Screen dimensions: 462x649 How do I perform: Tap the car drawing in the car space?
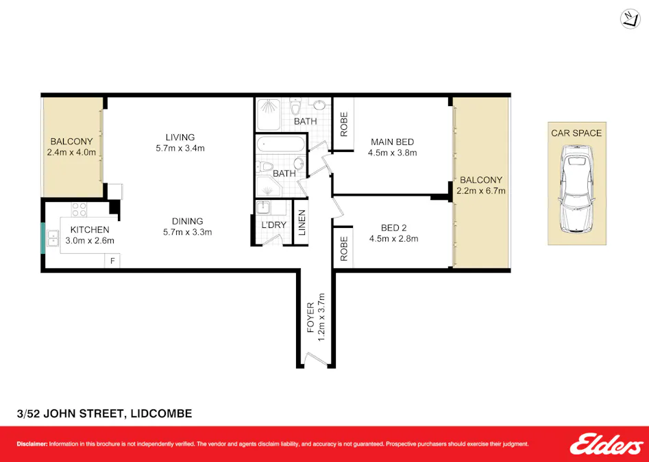pos(576,192)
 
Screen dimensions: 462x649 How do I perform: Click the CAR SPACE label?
pos(576,133)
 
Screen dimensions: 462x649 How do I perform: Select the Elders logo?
pos(607,444)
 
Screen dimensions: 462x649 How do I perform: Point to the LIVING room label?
pos(180,137)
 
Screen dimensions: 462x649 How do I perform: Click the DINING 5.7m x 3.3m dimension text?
pos(187,232)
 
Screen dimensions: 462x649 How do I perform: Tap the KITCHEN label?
pos(90,230)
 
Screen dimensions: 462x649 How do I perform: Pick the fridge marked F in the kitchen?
pos(112,261)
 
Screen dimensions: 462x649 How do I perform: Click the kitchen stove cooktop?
pos(79,209)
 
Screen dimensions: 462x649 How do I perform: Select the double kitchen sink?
pos(53,238)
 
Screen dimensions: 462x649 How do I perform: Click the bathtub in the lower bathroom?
pos(281,144)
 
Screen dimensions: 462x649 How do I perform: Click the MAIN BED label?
pos(393,142)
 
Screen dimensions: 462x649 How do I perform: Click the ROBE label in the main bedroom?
pos(344,124)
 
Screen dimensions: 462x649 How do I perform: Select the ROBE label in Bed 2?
pos(344,248)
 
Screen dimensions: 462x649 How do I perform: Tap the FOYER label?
pos(310,318)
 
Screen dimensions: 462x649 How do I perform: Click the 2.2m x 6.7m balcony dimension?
pos(481,191)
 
